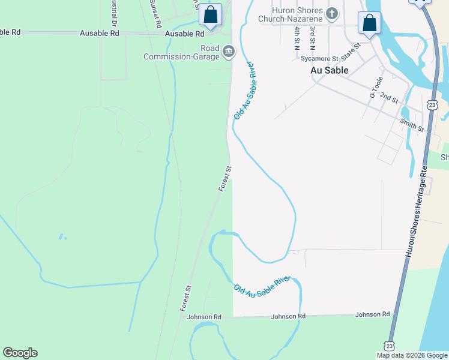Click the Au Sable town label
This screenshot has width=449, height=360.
pyautogui.click(x=330, y=70)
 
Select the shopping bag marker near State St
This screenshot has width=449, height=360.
pyautogui.click(x=370, y=23)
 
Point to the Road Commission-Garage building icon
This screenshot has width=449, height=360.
pyautogui.click(x=228, y=52)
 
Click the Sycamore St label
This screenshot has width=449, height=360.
pyautogui.click(x=319, y=58)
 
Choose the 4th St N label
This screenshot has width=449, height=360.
pyautogui.click(x=297, y=38)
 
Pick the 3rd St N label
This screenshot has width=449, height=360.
pyautogui.click(x=312, y=38)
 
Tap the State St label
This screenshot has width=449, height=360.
pyautogui.click(x=351, y=51)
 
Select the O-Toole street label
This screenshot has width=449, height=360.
pyautogui.click(x=375, y=88)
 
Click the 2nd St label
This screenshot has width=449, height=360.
pyautogui.click(x=389, y=98)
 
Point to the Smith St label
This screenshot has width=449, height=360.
pyautogui.click(x=412, y=125)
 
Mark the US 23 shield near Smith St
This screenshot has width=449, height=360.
pyautogui.click(x=432, y=104)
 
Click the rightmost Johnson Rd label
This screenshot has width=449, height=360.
pyautogui.click(x=372, y=314)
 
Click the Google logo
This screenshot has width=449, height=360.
pyautogui.click(x=20, y=353)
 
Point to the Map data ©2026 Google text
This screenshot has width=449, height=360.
pyautogui.click(x=412, y=355)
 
